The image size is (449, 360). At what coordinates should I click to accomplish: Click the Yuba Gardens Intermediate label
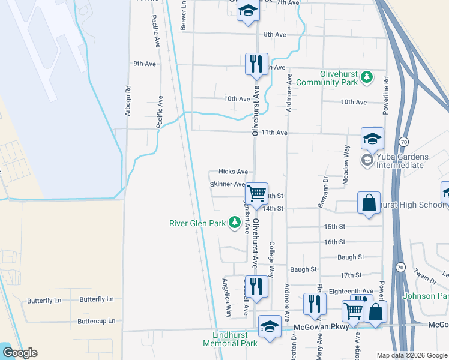click(402, 161)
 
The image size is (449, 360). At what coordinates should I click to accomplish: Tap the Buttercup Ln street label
click(96, 321)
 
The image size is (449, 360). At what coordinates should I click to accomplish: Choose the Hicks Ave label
click(233, 172)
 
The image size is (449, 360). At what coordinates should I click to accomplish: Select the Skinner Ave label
click(228, 184)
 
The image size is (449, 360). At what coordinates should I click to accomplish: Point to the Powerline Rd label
click(385, 95)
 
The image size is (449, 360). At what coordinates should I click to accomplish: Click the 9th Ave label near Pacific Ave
click(145, 64)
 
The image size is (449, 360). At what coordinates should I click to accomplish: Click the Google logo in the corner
click(20, 352)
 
